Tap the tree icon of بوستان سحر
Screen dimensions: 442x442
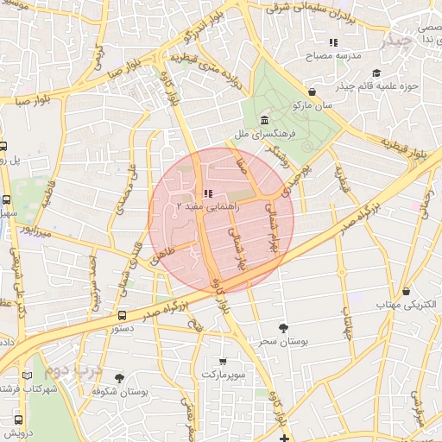coord(283,327)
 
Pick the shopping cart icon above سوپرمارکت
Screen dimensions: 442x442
coord(224,362)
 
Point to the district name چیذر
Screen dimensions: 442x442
coord(401,41)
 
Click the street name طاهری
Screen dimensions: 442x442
coord(162,255)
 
